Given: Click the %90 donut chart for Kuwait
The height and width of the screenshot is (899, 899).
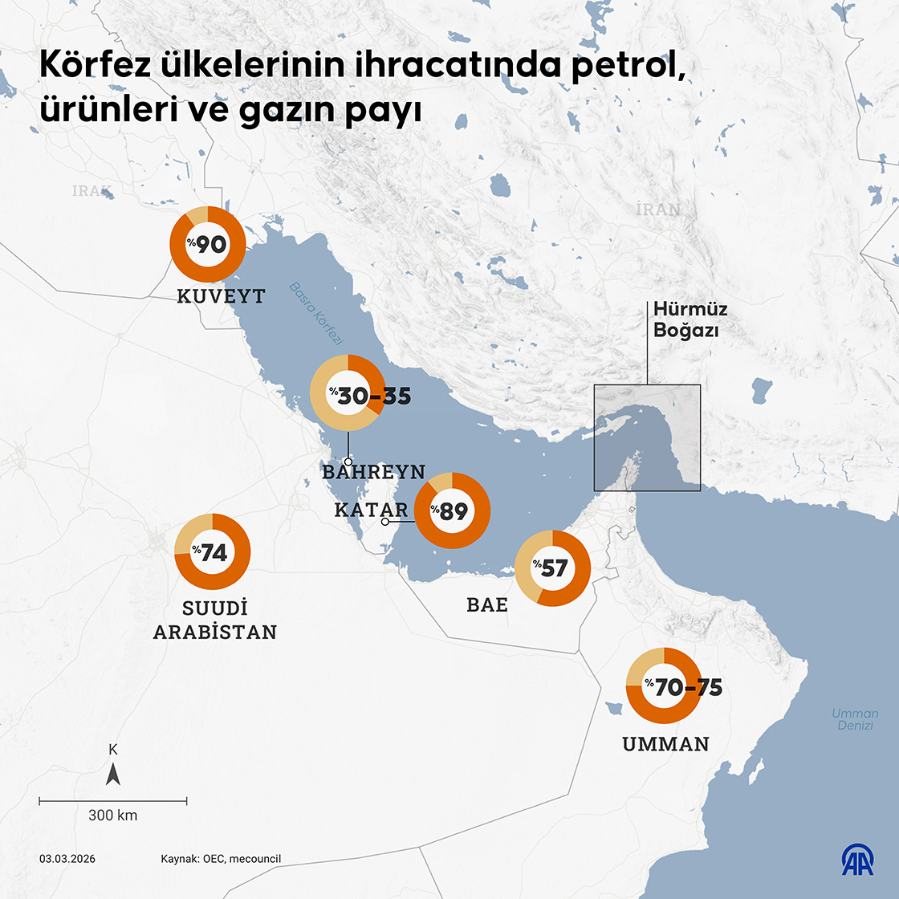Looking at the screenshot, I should (x=208, y=244).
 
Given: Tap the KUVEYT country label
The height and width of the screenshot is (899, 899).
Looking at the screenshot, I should (x=221, y=296).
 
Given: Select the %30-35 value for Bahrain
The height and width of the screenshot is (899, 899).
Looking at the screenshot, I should (x=373, y=396).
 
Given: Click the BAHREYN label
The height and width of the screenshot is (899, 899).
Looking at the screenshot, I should (x=373, y=472).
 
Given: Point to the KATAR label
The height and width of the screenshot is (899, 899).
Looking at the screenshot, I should (x=371, y=510).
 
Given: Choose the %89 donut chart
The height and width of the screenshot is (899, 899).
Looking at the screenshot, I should (x=452, y=511).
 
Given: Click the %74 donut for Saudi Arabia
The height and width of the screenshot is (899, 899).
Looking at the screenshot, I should (x=213, y=552).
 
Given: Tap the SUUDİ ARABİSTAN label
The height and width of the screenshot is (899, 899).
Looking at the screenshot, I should (x=214, y=620).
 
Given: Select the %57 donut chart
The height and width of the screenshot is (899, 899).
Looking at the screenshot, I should (x=552, y=568).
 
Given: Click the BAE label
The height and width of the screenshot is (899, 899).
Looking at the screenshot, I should (x=487, y=605).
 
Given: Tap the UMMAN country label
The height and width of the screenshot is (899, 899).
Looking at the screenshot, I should (x=665, y=744).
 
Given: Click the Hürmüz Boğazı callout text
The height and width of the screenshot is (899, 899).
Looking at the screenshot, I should (x=690, y=319).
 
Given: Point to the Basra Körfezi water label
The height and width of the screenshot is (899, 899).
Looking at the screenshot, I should (x=315, y=314).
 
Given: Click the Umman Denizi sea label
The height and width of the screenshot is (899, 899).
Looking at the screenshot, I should (x=855, y=719).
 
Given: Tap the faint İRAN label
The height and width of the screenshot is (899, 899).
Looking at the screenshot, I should (x=658, y=209).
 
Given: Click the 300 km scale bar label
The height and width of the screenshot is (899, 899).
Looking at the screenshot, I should (x=112, y=816).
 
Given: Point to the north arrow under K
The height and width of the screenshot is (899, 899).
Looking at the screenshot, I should (x=113, y=774).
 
